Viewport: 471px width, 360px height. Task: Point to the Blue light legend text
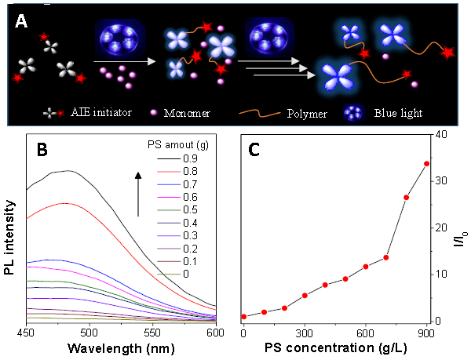[400, 112]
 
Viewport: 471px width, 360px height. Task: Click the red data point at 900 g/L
[426, 164]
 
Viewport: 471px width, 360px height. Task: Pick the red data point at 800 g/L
[406, 198]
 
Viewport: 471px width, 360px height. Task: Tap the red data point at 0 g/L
[243, 317]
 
